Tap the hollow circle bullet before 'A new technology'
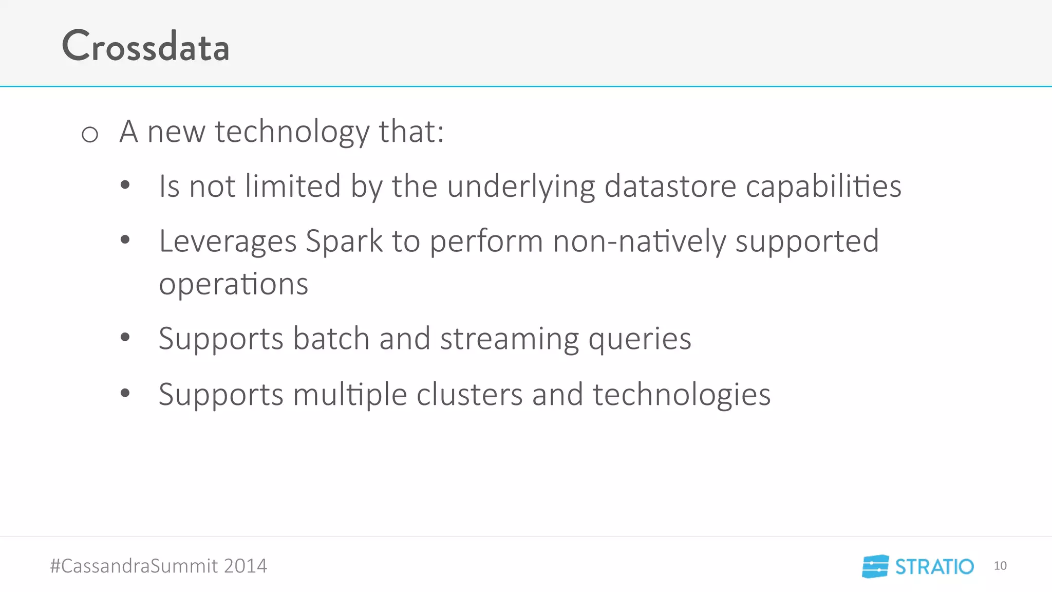point(90,135)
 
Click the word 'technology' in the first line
point(292,132)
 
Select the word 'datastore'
point(670,186)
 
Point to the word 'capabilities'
point(823,186)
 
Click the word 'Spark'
point(344,241)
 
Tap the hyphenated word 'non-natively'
point(638,241)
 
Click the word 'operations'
point(233,284)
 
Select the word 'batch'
point(331,339)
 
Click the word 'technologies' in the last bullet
point(681,395)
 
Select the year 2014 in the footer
point(245,566)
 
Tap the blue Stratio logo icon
point(875,566)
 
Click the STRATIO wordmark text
point(934,567)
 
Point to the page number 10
point(1000,566)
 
